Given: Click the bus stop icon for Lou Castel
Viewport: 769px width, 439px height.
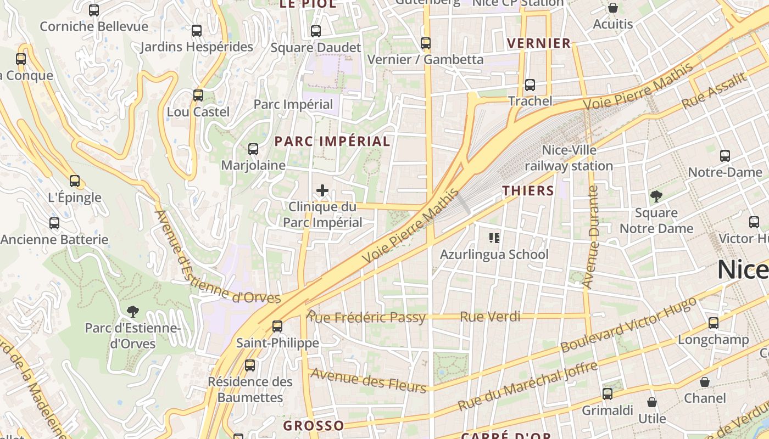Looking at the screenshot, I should pyautogui.click(x=198, y=95).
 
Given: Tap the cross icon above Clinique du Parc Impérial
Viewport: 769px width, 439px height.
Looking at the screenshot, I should pyautogui.click(x=322, y=191).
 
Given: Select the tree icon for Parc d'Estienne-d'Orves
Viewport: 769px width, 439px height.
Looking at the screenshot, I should pyautogui.click(x=132, y=312).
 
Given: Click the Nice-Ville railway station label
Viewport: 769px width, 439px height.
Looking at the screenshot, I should pyautogui.click(x=569, y=158).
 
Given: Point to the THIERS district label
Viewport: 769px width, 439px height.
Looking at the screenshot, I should pyautogui.click(x=528, y=191).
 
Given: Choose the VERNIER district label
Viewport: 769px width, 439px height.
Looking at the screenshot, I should pyautogui.click(x=539, y=43).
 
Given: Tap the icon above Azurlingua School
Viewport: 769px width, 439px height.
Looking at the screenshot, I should pyautogui.click(x=494, y=238).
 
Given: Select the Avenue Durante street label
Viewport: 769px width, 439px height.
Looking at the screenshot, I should pyautogui.click(x=592, y=237).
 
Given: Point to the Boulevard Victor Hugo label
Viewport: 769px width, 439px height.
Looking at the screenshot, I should pyautogui.click(x=628, y=324).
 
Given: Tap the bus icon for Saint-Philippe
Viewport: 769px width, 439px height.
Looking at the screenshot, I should pyautogui.click(x=277, y=327).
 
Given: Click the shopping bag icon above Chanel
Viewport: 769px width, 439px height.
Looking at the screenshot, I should pyautogui.click(x=705, y=382).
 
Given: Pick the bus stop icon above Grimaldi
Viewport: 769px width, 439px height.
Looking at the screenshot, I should pyautogui.click(x=608, y=393).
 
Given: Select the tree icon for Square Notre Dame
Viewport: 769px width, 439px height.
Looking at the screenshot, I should pyautogui.click(x=656, y=196).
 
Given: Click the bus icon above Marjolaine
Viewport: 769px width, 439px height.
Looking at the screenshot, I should pyautogui.click(x=253, y=149).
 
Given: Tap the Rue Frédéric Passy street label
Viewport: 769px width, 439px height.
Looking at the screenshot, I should pyautogui.click(x=366, y=317).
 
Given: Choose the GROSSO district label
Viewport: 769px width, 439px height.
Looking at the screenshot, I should pyautogui.click(x=314, y=426).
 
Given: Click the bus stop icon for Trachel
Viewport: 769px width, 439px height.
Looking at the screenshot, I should pyautogui.click(x=530, y=85).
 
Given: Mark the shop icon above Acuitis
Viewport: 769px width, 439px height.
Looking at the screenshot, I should pyautogui.click(x=613, y=8).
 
